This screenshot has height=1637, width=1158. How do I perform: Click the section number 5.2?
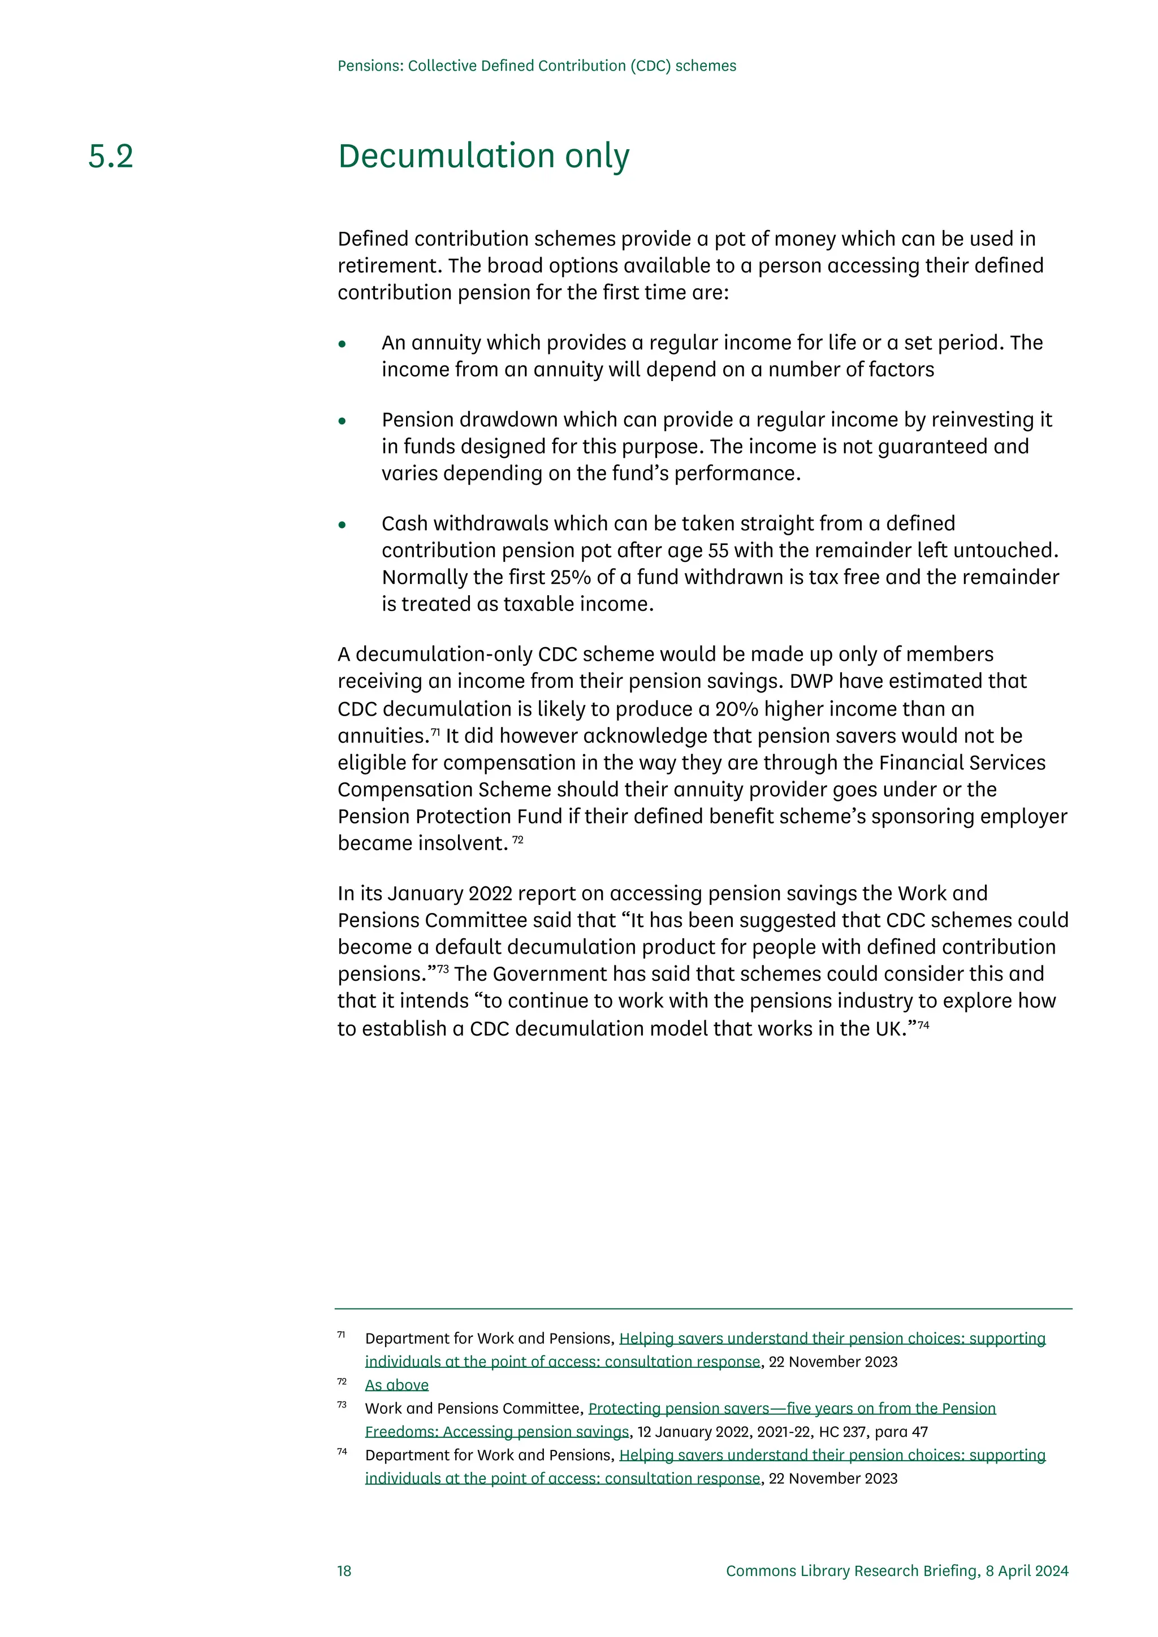(110, 156)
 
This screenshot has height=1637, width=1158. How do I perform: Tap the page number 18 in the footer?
(344, 1571)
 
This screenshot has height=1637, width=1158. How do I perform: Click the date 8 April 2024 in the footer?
(1027, 1571)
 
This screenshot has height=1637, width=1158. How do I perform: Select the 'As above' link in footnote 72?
(396, 1384)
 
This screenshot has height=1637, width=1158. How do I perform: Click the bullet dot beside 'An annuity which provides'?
(342, 344)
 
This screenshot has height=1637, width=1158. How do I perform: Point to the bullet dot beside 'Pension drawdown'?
(342, 421)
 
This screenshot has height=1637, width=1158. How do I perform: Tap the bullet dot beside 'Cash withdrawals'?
(342, 526)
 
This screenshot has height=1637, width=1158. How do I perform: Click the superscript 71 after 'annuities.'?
(435, 731)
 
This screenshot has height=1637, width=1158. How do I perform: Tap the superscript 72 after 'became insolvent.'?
(518, 839)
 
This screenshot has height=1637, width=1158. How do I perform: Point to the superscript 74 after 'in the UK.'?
(923, 1025)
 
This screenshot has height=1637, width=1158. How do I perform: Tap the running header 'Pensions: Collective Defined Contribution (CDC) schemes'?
(536, 66)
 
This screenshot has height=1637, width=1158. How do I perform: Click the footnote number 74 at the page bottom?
(342, 1451)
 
